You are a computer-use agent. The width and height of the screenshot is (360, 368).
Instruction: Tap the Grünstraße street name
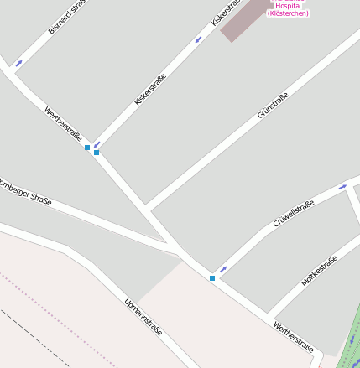[273, 104]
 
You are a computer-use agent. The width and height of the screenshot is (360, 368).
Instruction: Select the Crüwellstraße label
[294, 213]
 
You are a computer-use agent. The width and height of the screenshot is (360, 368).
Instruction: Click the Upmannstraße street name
[143, 316]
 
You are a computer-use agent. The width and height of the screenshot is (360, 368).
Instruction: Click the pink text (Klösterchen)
[287, 13]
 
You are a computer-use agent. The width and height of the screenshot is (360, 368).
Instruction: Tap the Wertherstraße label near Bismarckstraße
[63, 123]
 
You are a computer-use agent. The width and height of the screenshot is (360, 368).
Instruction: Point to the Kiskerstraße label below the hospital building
[151, 90]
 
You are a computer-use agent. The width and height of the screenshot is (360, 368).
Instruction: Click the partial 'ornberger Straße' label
[25, 192]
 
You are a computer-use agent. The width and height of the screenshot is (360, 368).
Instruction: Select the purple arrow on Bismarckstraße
[18, 63]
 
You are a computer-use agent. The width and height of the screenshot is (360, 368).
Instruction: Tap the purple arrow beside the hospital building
[199, 39]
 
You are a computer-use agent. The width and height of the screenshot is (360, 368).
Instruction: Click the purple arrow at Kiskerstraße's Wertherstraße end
[97, 144]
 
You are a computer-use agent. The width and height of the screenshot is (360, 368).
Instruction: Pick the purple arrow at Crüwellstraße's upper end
[342, 187]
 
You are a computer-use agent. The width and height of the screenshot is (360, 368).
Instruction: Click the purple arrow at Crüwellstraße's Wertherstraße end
[223, 269]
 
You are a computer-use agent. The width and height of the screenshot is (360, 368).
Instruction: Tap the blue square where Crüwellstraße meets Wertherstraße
[212, 277]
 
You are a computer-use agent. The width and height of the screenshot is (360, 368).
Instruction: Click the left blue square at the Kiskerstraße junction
[87, 148]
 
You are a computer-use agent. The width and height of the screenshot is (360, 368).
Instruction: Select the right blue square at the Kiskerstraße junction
[97, 153]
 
